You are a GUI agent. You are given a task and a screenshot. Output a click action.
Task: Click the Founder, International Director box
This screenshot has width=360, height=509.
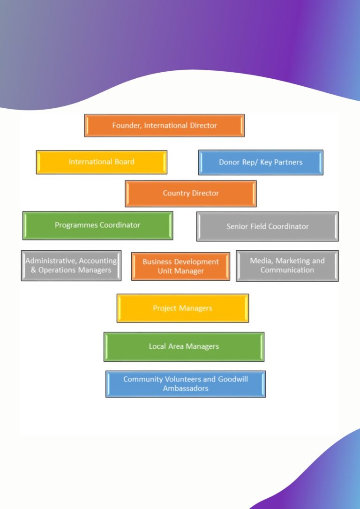coord(164,126)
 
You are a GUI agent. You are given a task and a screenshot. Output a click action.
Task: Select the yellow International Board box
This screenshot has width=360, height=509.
coord(101,162)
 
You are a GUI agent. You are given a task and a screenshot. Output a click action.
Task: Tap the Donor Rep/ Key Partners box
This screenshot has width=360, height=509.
coord(261,163)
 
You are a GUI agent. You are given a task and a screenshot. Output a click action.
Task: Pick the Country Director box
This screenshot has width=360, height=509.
coord(190,194)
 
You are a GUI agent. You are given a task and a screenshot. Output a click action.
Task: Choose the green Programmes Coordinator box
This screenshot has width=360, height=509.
coord(97,225)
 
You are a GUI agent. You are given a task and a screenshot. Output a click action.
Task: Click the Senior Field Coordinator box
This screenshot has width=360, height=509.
coord(267,226)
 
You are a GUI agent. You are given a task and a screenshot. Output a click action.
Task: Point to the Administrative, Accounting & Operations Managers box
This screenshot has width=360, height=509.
coord(71,266)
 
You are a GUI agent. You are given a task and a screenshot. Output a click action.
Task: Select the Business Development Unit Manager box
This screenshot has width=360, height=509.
coord(180,267)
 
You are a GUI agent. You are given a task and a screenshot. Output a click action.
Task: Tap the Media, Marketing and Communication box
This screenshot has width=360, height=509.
coord(287,266)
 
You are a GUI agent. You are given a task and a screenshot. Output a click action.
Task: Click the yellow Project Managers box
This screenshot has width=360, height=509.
coord(182,308)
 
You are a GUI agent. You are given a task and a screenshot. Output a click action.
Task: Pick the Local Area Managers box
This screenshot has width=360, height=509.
coord(184,347)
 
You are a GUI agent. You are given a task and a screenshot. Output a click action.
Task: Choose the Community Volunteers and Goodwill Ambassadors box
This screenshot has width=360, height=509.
coord(186,384)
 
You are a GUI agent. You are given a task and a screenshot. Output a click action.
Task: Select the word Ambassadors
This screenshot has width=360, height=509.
coord(186,389)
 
